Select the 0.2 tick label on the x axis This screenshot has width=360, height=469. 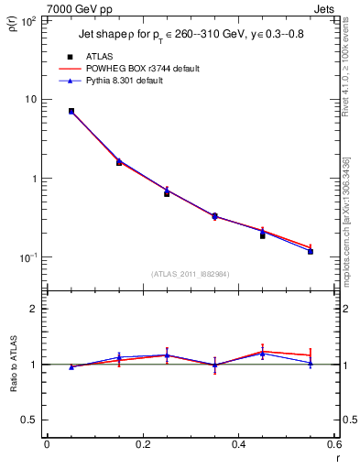point(142,445)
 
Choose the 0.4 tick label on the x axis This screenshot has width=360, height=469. point(239,445)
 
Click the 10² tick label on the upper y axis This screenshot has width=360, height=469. point(29,20)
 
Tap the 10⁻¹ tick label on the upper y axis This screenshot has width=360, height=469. point(29,257)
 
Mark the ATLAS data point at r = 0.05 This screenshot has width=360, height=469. point(71,111)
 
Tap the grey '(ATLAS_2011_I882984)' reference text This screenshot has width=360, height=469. point(191,273)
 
